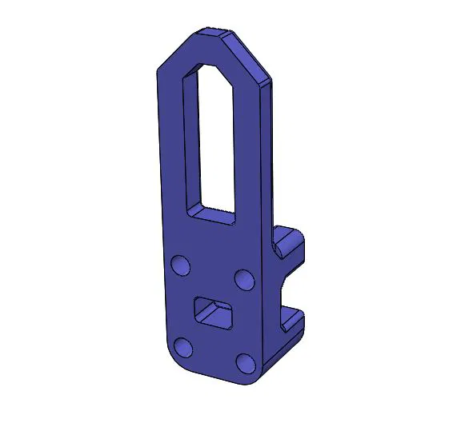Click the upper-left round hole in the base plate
pos(181,265)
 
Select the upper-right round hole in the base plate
pos(244,279)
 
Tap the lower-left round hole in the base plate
pos(184,346)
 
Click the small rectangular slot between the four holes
pos(214,312)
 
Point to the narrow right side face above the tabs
pos(272,160)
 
